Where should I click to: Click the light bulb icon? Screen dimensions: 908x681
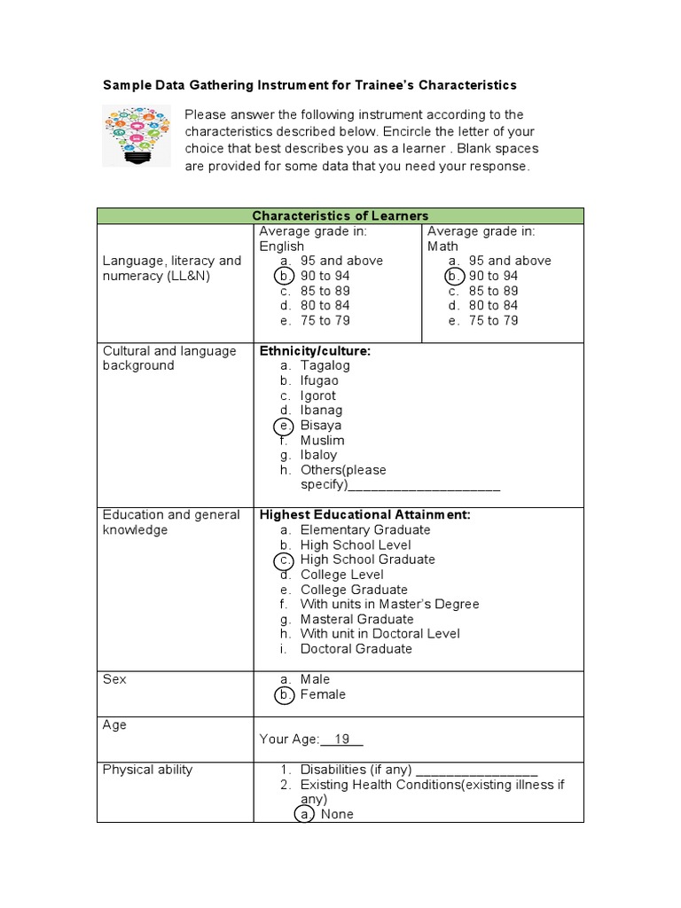click(137, 135)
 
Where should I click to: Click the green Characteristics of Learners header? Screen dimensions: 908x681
click(340, 215)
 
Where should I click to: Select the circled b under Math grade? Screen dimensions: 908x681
click(452, 276)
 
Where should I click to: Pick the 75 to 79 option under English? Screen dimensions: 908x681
click(325, 320)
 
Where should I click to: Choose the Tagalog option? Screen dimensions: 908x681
click(325, 365)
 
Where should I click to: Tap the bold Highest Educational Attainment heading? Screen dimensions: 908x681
click(364, 514)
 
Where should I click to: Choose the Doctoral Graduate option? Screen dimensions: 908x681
click(356, 649)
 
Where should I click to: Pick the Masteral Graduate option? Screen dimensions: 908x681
click(356, 619)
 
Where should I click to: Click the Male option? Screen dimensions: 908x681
click(315, 679)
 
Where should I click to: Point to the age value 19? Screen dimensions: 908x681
click(342, 739)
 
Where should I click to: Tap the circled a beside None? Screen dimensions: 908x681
click(303, 814)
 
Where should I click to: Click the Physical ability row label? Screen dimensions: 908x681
click(147, 770)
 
